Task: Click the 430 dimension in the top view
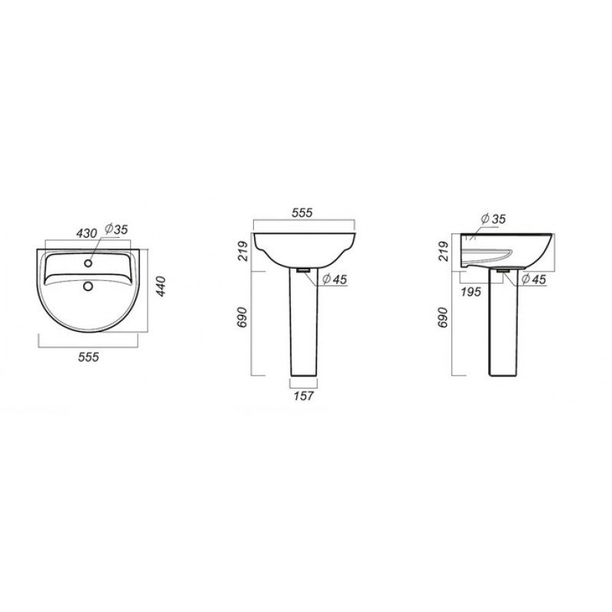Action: coord(86,233)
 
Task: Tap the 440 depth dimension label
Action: coord(161,286)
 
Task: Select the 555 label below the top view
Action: coord(89,356)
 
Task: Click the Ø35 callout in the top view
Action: coord(116,229)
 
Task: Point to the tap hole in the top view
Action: coord(88,263)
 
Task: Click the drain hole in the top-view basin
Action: coord(88,287)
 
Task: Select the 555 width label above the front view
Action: coord(302,213)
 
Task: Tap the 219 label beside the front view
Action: coord(243,251)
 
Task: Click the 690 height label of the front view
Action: coord(243,317)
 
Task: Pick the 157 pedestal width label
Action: coord(303,396)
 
